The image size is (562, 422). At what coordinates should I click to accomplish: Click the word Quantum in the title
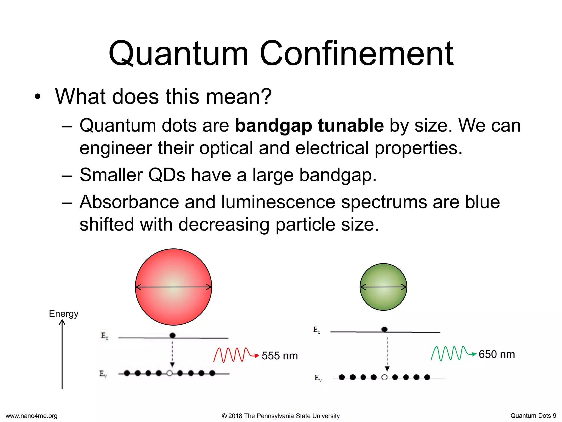178,54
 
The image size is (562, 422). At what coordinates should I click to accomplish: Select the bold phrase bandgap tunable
309,126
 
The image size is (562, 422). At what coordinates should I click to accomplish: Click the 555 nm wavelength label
280,356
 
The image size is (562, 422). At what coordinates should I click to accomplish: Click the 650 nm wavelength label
497,354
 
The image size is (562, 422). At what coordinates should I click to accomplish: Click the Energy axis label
63,313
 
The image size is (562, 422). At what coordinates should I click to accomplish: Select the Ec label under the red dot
105,336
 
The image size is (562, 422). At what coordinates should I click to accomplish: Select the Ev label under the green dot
318,378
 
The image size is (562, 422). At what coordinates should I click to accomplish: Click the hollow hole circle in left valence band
170,373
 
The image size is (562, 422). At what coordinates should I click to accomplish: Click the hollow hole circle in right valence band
384,377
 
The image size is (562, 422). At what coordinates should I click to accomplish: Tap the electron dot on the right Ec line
384,329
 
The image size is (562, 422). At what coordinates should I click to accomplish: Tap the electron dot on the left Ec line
172,335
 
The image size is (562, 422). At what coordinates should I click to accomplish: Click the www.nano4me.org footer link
32,416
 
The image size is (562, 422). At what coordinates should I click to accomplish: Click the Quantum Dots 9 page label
533,416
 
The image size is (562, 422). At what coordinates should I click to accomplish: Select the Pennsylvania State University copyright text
280,416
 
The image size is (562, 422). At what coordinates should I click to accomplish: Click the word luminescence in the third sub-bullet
278,202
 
